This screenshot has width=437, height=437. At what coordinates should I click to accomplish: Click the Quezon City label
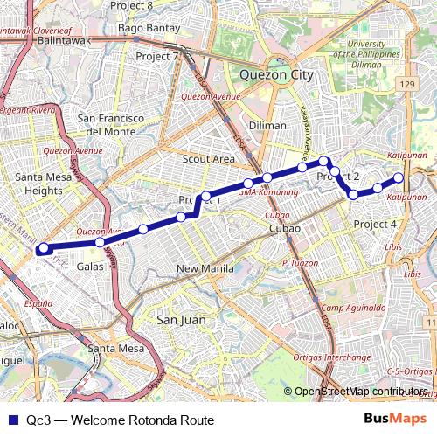click(276, 75)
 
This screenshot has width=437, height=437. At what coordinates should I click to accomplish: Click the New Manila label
click(205, 268)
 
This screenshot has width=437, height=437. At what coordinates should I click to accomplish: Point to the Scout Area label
click(208, 159)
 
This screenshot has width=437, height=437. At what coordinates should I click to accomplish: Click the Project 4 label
click(376, 225)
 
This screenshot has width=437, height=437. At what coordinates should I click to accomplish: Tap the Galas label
click(91, 267)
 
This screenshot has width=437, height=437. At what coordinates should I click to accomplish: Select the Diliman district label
click(267, 125)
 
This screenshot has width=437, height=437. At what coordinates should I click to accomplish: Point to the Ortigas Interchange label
click(359, 357)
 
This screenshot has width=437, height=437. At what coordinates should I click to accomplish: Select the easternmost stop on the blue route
click(399, 178)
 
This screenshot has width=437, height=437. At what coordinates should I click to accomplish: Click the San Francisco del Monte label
click(110, 124)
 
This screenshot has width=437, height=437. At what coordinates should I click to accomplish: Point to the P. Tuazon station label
click(299, 263)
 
